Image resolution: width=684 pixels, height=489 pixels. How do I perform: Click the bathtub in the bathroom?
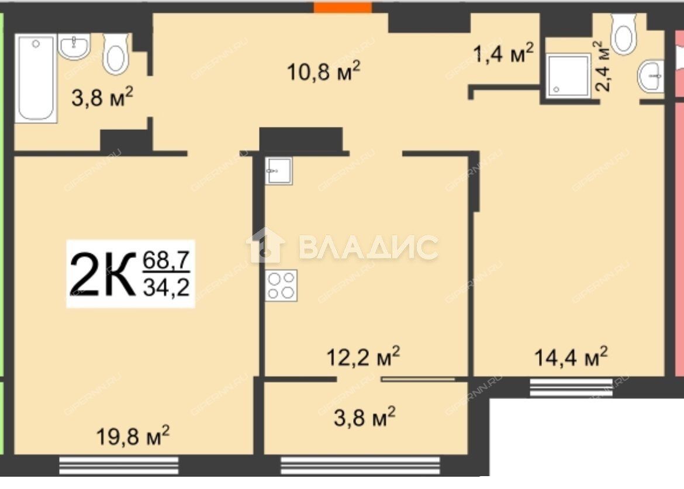pos(36,78)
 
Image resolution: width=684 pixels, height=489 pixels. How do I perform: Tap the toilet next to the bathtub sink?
pos(116,54)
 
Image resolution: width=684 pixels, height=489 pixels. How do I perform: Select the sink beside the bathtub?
pos(74,46)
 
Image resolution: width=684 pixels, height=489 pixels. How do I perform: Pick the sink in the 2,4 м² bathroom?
pos(651,76)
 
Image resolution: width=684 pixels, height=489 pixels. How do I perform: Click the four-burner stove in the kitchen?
pos(281,285)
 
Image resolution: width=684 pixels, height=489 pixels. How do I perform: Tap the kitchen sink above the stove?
pos(279,171)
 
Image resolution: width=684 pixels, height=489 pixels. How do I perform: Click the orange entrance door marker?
pos(343,8)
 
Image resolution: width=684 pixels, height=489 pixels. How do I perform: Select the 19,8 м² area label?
pos(133,436)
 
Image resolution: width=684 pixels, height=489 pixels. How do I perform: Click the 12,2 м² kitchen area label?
pos(364,357)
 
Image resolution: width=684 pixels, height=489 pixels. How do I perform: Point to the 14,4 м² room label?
pos(571,357)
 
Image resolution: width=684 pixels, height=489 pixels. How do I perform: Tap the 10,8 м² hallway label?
pos(324,71)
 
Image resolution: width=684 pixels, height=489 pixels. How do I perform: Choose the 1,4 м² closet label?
pos(503,53)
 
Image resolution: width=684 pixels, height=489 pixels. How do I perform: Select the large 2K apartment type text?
pos(103,275)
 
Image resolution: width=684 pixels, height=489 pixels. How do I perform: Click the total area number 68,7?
pos(166,261)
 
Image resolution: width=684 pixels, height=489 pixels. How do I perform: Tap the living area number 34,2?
pos(166,287)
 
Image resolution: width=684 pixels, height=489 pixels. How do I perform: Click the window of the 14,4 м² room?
pos(571,388)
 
